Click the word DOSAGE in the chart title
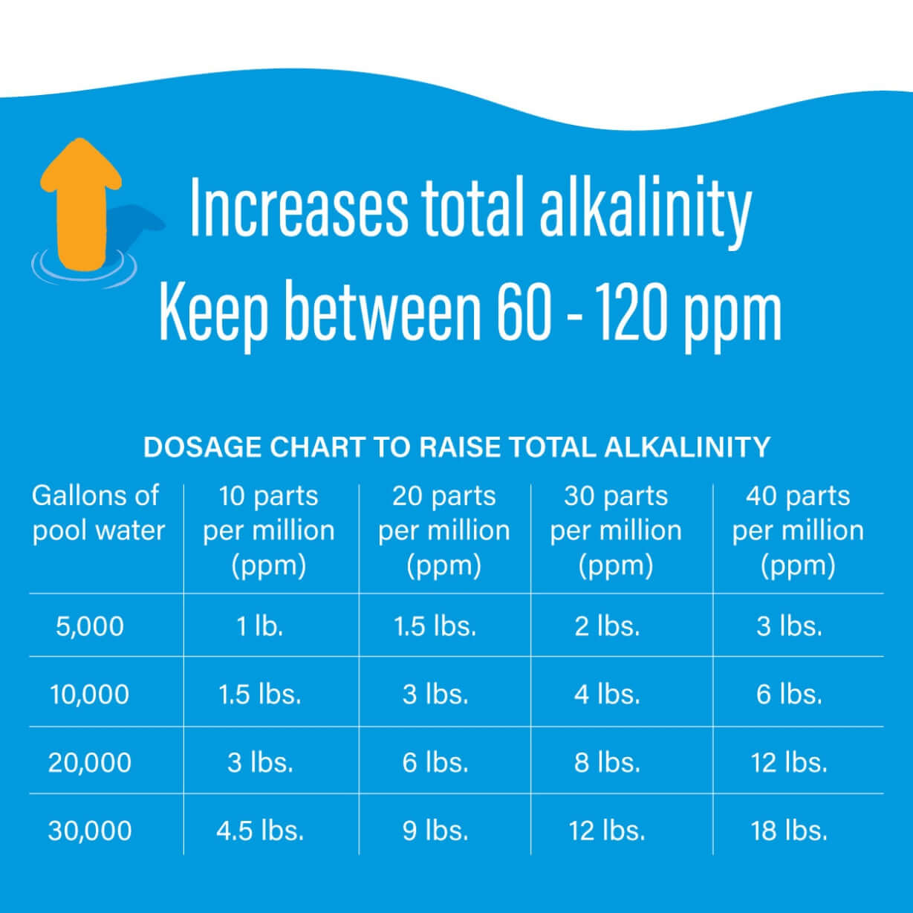click(x=201, y=447)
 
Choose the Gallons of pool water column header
click(x=98, y=513)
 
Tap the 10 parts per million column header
click(x=268, y=530)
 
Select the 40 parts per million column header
click(x=798, y=530)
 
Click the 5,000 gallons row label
click(x=90, y=626)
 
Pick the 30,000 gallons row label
click(x=90, y=830)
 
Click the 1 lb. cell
click(x=260, y=626)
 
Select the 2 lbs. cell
click(x=607, y=626)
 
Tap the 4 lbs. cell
click(x=607, y=694)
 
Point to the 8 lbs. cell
click(x=607, y=762)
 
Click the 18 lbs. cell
click(x=789, y=830)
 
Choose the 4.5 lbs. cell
click(x=260, y=830)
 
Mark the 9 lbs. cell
click(x=435, y=830)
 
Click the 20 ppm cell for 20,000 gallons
click(x=435, y=762)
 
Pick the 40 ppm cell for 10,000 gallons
click(x=789, y=694)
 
